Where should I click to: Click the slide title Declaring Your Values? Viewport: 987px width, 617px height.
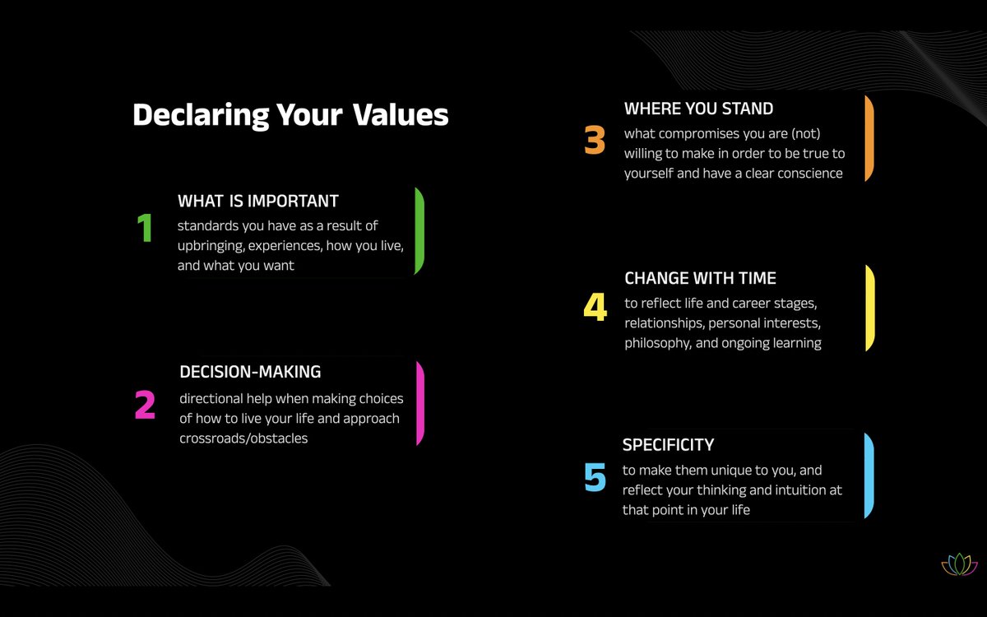290,115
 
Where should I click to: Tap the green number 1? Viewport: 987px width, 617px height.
145,229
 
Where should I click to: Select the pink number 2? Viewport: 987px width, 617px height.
145,404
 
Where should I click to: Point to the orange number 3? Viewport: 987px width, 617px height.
595,140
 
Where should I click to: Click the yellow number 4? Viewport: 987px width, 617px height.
595,307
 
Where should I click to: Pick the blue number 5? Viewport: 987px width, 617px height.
595,477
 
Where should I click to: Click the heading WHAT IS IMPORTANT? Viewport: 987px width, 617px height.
258,201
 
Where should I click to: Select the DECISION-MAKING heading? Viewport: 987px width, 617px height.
250,372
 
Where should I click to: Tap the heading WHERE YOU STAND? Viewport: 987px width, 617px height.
698,109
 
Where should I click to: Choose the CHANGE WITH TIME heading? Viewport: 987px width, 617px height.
700,278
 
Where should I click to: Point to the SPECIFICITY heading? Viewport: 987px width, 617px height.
668,445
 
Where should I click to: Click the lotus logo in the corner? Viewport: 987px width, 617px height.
959,564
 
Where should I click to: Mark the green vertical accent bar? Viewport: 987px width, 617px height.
419,231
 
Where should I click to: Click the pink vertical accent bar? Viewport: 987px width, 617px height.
420,403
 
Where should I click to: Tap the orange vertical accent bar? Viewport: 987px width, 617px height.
869,138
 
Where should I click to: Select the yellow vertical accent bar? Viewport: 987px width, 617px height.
869,308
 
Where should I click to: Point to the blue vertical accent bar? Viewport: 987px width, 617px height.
869,476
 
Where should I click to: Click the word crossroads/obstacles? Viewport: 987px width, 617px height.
243,438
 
